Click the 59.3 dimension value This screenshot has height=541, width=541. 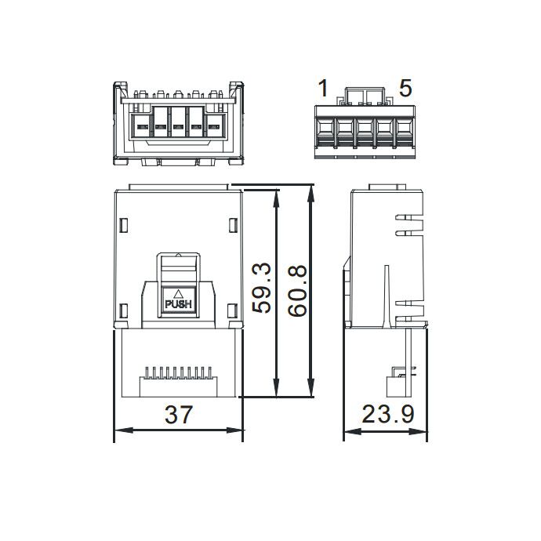point(262,288)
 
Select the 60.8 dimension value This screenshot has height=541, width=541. point(297,290)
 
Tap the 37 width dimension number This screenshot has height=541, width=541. point(179,415)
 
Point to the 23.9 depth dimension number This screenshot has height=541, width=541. point(388,414)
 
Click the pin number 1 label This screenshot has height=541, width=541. point(323,88)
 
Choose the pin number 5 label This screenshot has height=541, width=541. point(405,88)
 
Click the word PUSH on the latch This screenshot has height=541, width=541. point(179,304)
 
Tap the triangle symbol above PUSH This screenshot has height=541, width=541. point(179,294)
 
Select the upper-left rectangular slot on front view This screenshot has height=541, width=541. point(124,225)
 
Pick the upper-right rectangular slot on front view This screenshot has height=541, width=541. point(233,225)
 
